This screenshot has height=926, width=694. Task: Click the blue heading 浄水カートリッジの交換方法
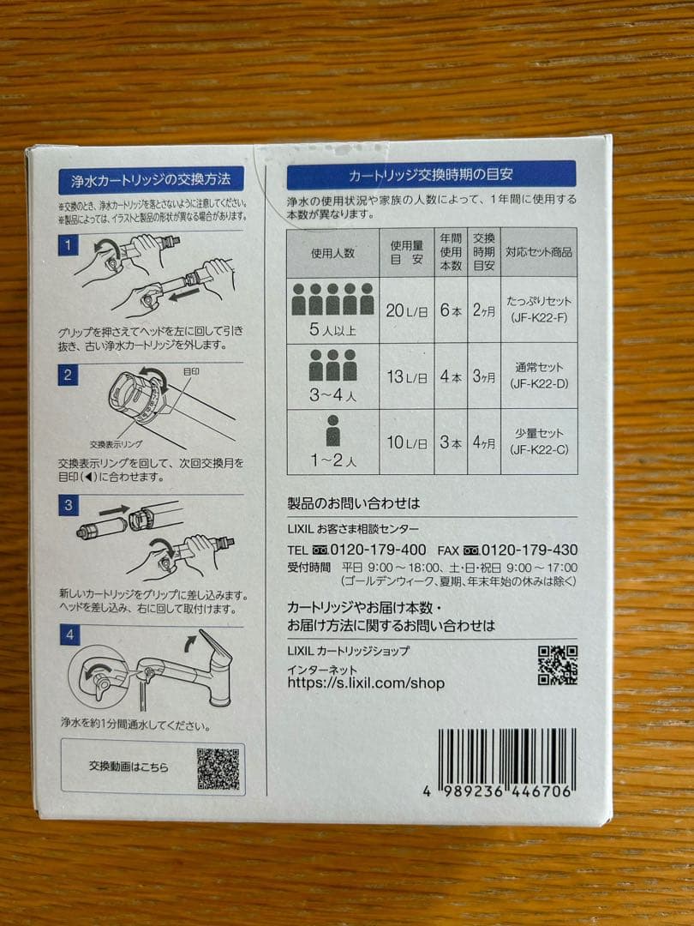[x=151, y=180]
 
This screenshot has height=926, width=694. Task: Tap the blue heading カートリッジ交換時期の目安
[x=431, y=175]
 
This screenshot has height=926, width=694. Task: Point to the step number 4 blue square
[x=69, y=635]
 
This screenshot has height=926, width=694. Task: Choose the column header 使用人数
[x=332, y=253]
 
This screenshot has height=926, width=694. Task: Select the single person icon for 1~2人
[x=333, y=430]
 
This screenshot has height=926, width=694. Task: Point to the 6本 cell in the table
[x=451, y=310]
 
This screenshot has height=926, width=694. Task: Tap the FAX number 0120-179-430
[x=529, y=550]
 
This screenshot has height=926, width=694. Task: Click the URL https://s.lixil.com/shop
[x=366, y=683]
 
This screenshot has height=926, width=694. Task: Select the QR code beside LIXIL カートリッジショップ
[x=557, y=665]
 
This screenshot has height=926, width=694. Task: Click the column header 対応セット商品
[x=538, y=253]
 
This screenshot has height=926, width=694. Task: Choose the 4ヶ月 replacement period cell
[x=483, y=442]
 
